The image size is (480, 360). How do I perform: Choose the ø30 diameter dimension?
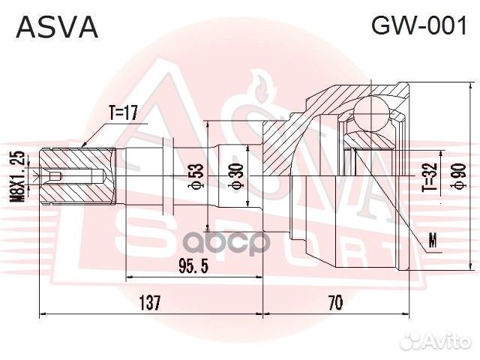[x=237, y=177]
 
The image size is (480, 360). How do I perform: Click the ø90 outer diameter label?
[x=453, y=178]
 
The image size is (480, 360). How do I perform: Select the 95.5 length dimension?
[x=194, y=267]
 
